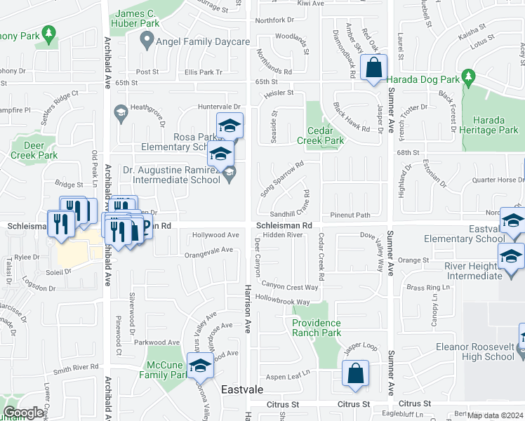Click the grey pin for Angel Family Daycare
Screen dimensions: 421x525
147,43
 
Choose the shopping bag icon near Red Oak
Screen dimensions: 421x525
373,68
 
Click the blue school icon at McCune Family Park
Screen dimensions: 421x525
200,366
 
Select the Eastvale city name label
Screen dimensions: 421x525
241,389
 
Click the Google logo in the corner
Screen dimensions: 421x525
23,413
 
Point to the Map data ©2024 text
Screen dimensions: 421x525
496,415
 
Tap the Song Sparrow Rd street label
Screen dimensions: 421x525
281,178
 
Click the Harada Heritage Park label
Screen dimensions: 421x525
495,125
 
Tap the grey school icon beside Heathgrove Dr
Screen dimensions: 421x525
121,113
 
